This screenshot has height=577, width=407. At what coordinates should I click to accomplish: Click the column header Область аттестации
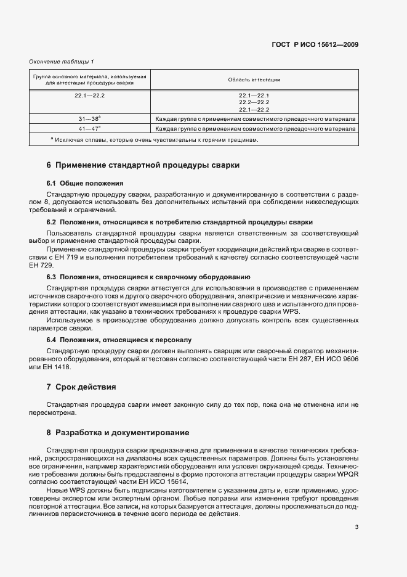(254, 80)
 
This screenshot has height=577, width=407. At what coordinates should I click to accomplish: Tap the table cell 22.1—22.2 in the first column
(90, 96)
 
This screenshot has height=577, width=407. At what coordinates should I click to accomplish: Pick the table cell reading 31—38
(89, 118)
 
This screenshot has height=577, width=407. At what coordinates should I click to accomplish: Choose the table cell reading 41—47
(89, 129)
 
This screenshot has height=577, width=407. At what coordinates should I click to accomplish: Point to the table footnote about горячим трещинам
(154, 139)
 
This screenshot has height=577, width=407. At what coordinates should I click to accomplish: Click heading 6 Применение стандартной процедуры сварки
(143, 165)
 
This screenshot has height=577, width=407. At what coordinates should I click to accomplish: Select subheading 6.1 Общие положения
(85, 183)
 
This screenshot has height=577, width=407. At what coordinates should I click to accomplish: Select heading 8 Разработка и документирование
(118, 432)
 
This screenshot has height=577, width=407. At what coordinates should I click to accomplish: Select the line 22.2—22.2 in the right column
(254, 102)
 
